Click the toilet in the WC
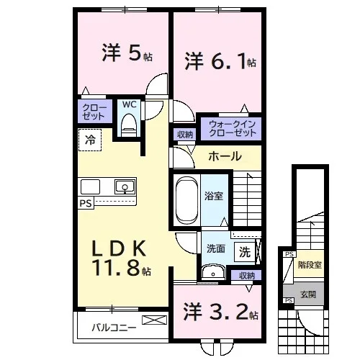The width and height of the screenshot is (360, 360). (129, 125)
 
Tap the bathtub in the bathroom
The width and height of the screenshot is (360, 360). (187, 200)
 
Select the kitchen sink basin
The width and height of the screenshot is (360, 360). (125, 187)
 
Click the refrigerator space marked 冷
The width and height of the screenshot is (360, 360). (90, 140)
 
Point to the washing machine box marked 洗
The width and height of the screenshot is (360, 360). (245, 252)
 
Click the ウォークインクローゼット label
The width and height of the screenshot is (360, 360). (232, 128)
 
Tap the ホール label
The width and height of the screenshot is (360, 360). (225, 156)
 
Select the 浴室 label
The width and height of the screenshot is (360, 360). (214, 196)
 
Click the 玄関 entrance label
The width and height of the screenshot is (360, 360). (308, 294)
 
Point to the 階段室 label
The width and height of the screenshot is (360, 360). (310, 265)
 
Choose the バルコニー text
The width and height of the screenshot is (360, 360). (114, 328)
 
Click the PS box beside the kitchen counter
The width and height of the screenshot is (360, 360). (86, 203)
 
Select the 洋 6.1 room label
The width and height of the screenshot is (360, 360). (220, 62)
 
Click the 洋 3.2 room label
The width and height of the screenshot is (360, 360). (221, 312)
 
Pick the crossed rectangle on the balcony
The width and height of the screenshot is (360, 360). (154, 320)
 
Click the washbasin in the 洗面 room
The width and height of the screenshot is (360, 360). (213, 272)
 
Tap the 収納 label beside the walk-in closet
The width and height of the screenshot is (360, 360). (185, 135)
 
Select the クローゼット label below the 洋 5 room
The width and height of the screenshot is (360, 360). (94, 112)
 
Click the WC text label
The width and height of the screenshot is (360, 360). (129, 104)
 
